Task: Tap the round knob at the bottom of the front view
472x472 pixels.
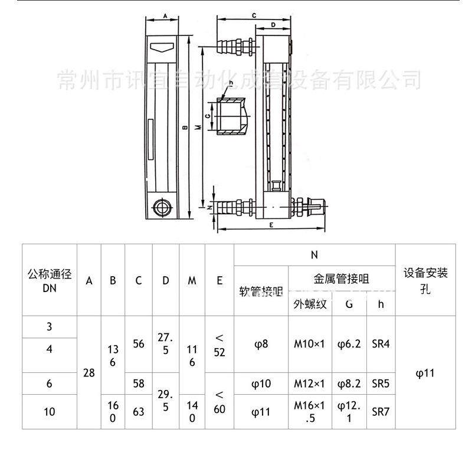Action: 160,208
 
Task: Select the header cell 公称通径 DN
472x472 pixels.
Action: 50,280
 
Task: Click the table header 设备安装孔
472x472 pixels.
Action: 425,280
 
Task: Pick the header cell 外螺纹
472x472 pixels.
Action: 310,304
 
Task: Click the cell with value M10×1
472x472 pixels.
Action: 310,343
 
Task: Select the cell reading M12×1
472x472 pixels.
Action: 310,383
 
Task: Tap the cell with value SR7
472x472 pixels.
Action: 381,411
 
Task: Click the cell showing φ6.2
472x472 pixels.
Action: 349,343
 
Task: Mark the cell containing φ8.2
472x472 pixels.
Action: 349,383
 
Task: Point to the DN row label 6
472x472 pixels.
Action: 50,383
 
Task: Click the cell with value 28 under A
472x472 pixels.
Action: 89,373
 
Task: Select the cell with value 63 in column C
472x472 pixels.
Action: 139,411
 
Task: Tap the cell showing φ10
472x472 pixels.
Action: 262,383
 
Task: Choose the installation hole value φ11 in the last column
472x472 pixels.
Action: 425,373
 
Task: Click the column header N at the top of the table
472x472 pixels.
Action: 314,255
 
